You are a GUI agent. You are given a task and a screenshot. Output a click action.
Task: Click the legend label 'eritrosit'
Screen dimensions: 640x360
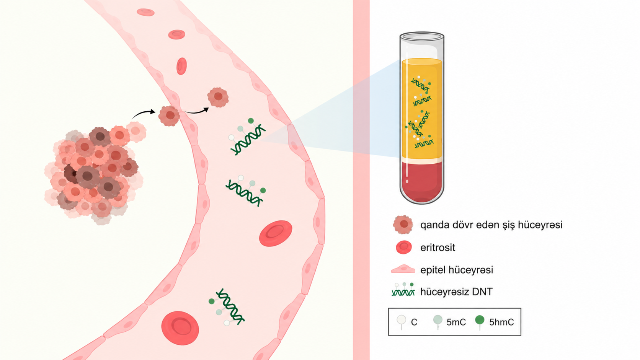point(438,248)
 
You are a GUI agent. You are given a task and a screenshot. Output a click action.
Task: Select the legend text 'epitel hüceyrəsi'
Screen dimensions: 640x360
point(457,270)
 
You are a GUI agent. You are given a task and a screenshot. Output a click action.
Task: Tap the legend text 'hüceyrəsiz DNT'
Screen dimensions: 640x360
point(456,292)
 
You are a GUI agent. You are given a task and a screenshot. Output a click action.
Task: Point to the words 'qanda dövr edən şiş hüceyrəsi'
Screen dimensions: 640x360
point(491,225)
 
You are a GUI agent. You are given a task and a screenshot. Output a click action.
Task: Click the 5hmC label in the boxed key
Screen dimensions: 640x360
point(501,322)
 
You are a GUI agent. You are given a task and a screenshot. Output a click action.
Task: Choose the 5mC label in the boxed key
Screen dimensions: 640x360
point(456,322)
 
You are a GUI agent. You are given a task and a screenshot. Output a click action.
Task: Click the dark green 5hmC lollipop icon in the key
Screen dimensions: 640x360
point(480,322)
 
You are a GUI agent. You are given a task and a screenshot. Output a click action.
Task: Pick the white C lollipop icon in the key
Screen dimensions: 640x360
point(402,322)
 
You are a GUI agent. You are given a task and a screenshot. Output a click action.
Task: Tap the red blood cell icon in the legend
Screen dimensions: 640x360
point(404,247)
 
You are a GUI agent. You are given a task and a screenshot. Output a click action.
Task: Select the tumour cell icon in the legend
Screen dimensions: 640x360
point(403,225)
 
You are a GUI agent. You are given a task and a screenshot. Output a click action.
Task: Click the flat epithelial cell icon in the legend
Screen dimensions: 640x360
point(403,269)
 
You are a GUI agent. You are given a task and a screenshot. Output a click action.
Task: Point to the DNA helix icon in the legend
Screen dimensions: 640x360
point(403,290)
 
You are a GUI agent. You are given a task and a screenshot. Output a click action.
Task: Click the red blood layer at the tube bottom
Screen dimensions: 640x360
point(422,181)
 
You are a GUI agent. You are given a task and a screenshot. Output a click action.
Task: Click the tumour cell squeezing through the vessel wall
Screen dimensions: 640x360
point(169,116)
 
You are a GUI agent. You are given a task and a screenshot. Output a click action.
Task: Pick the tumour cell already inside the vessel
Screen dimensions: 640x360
point(218,97)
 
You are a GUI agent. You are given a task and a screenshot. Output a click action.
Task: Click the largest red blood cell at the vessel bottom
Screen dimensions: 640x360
point(180,328)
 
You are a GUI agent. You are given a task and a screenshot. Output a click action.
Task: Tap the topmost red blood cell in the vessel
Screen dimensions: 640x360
point(145,12)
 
